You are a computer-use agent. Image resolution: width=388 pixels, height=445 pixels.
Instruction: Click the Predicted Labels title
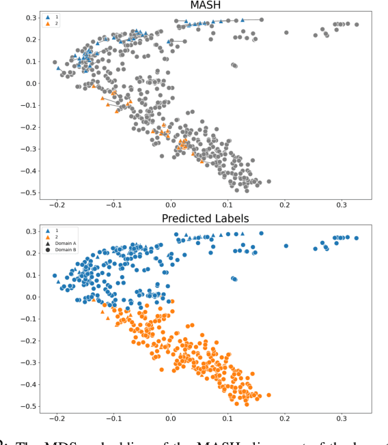point(204,218)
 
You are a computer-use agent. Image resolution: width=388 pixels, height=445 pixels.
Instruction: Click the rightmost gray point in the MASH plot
point(357,25)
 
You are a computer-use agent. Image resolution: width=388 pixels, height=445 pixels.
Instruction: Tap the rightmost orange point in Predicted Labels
point(268,394)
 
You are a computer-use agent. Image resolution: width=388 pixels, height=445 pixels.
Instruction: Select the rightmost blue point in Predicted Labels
point(357,238)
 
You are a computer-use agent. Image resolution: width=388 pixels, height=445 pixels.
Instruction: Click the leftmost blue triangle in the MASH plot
point(59,68)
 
